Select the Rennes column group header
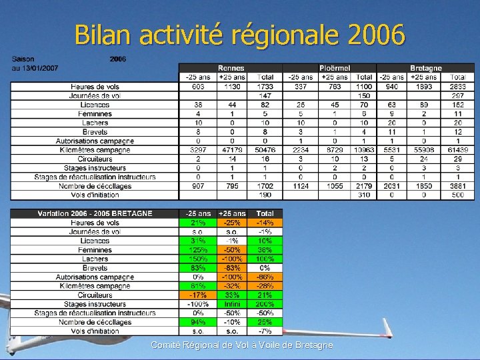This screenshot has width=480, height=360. coord(231,68)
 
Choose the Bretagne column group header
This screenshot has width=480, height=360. coord(425,68)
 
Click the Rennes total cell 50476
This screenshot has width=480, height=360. coord(265,150)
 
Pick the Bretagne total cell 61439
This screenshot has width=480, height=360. coord(457,150)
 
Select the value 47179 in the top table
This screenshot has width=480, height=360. coord(231,150)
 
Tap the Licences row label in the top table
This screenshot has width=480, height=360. coord(95,105)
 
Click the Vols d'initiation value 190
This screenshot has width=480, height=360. coord(265,195)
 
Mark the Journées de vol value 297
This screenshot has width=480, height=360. coord(457,95)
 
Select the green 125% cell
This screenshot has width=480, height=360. coord(197,249)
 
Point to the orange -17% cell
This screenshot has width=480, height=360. coord(197,295)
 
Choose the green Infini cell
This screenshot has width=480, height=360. coord(231,304)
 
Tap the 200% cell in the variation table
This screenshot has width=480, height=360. coord(265,304)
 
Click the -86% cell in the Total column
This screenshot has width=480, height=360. coord(265,277)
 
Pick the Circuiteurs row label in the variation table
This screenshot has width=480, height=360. coord(95,295)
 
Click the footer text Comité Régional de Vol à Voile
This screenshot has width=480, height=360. coord(241,345)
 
